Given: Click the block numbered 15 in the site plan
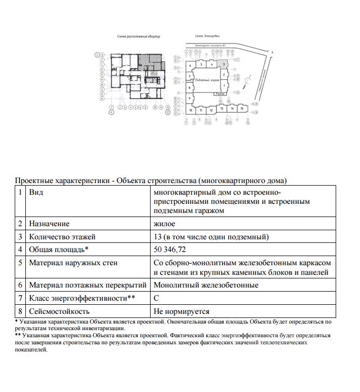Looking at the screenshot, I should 242,109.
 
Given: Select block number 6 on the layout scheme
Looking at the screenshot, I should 191,65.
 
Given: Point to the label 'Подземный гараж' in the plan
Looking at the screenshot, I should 206,80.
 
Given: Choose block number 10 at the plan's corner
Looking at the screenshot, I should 191,110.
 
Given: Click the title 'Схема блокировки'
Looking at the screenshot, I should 206,36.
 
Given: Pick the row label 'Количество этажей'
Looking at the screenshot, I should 62,236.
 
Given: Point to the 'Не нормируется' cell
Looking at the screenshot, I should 181,311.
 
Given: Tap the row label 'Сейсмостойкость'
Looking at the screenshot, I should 59,311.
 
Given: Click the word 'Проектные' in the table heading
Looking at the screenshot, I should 33,180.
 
